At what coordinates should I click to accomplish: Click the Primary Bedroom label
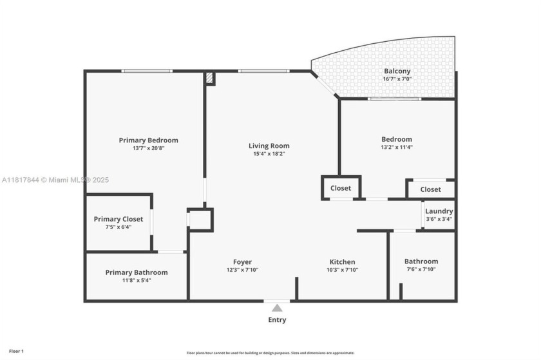click(x=148, y=140)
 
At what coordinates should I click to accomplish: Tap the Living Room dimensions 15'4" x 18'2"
click(x=269, y=154)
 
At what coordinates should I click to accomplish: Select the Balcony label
click(x=397, y=71)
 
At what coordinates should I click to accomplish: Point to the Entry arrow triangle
click(x=277, y=308)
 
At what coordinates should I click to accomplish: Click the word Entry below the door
click(x=277, y=320)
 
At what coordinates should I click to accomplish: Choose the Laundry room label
click(x=439, y=211)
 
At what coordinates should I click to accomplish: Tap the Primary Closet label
click(x=119, y=219)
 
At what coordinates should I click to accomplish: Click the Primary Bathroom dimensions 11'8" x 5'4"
click(x=137, y=281)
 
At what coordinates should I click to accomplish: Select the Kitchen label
click(x=342, y=262)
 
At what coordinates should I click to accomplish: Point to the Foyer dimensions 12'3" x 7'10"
click(x=242, y=270)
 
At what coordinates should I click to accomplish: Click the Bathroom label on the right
click(x=421, y=261)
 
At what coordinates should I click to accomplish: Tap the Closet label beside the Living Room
click(x=341, y=188)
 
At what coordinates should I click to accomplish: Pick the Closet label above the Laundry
click(x=431, y=189)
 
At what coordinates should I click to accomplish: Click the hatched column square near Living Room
click(x=210, y=77)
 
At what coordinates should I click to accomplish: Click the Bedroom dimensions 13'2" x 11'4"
click(x=396, y=147)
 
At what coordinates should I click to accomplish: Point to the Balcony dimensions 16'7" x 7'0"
click(x=397, y=79)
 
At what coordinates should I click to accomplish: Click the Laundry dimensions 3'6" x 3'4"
click(x=439, y=220)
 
